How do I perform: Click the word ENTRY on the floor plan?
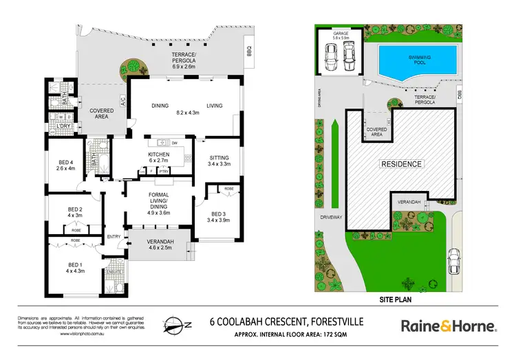pyautogui.click(x=114, y=237)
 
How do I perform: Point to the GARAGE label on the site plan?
pyautogui.click(x=341, y=32)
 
